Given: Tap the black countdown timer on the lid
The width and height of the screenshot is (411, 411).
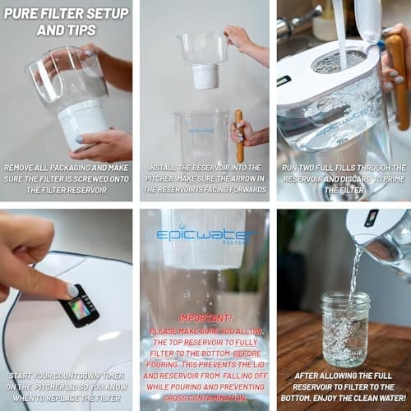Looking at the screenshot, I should pyautogui.click(x=80, y=306).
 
